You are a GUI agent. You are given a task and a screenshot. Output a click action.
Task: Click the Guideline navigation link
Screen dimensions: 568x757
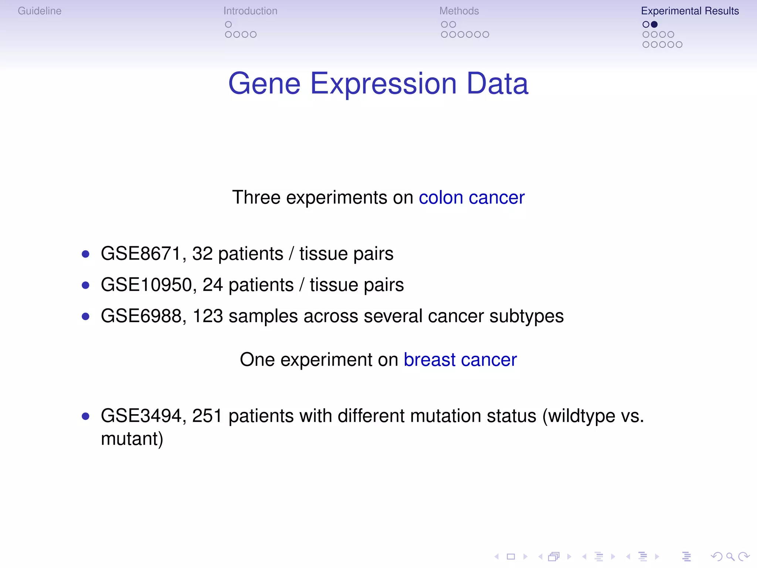coord(40,11)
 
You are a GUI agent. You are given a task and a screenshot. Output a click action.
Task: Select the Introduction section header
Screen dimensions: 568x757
coord(250,11)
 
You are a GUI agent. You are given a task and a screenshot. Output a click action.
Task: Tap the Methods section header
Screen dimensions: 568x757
coord(459,11)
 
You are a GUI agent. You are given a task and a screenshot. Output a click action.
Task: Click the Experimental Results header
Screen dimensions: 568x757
coord(690,11)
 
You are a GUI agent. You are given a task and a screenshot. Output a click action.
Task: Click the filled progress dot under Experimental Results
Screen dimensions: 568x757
coord(654,24)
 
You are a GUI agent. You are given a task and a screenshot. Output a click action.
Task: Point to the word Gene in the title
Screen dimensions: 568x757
coord(264,84)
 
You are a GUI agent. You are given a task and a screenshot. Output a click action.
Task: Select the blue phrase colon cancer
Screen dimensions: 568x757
coord(471,197)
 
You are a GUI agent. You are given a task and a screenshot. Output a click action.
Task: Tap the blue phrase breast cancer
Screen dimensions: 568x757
coord(460,360)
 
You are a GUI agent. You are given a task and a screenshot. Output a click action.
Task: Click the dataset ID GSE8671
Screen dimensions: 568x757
coord(141,254)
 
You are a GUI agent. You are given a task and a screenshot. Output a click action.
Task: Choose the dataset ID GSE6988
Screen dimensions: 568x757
coord(141,317)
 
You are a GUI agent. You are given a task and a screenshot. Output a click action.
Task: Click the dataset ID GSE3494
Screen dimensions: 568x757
coord(141,416)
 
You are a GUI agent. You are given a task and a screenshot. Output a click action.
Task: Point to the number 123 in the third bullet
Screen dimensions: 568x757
coord(208,317)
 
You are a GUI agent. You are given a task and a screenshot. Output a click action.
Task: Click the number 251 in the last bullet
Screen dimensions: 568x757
coord(207,416)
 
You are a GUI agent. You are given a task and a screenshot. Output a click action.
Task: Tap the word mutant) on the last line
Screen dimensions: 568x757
coord(132,439)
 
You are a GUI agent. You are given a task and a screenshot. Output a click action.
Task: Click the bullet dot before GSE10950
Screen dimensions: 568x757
coord(86,285)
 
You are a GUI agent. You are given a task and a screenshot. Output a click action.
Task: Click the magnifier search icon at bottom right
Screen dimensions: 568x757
coord(730,557)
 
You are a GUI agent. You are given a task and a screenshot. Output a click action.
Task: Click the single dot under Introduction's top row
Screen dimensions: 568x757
coord(228,24)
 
